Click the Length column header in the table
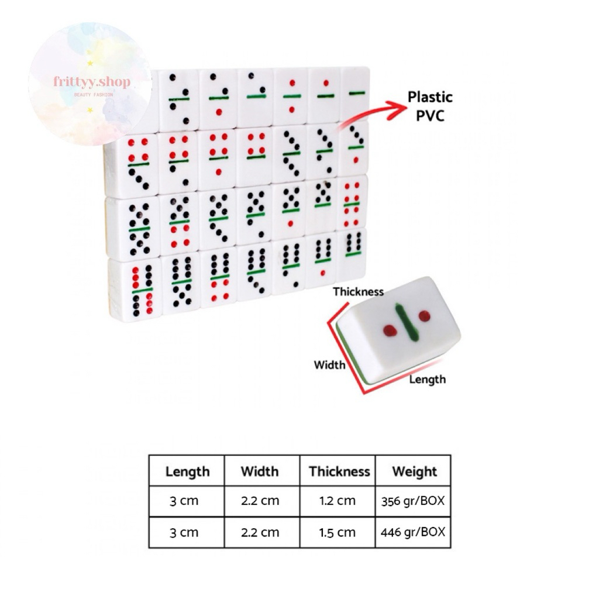click(187, 471)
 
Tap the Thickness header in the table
click(339, 471)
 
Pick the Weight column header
click(414, 471)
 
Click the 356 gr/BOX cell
click(414, 501)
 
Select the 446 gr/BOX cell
click(414, 532)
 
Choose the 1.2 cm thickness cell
click(338, 501)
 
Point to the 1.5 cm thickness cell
click(338, 532)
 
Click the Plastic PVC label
click(430, 105)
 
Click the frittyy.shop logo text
click(92, 82)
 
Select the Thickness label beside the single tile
click(358, 291)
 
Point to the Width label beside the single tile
click(329, 365)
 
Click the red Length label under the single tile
click(427, 379)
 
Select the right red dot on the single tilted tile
click(425, 316)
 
